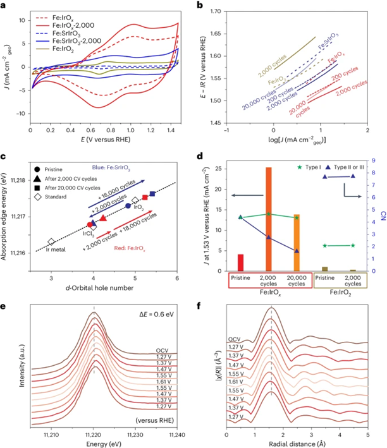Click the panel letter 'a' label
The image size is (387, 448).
tap(4, 4)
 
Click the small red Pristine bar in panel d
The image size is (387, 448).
tap(240, 262)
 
